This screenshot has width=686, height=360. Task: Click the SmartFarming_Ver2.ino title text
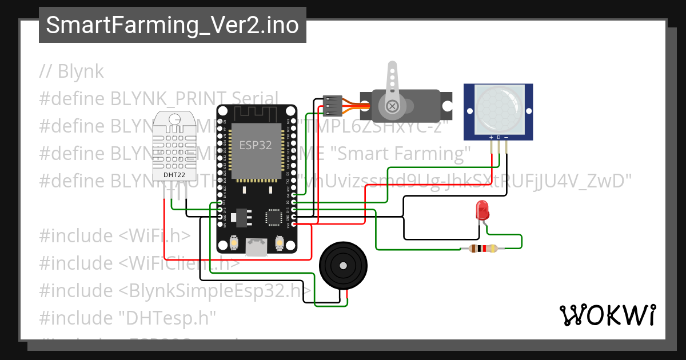172,25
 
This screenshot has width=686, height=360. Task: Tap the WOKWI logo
607,315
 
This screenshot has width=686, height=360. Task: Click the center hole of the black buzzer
342,266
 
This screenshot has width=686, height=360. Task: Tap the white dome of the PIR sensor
498,109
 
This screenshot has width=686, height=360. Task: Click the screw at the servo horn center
392,106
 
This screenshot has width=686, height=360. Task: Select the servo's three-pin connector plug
332,106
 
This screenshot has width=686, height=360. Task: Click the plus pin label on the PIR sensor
491,138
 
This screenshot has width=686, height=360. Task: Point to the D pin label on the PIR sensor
498,138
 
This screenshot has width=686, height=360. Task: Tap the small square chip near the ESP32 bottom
273,218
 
